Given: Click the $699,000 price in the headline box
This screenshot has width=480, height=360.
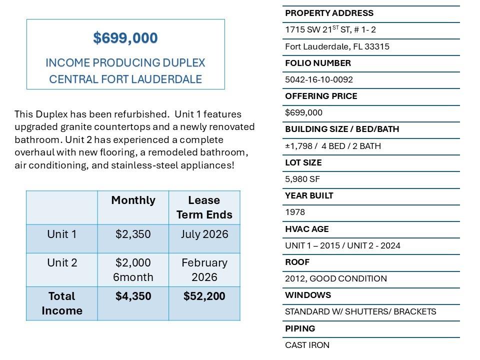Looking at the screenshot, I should (x=125, y=38).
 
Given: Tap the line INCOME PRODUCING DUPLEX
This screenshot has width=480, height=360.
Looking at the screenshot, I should (x=125, y=63).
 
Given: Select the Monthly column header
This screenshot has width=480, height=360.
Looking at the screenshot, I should (x=133, y=200).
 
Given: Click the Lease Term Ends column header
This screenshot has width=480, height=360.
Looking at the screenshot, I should (x=204, y=207).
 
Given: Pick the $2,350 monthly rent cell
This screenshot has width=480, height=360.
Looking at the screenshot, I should (x=133, y=234).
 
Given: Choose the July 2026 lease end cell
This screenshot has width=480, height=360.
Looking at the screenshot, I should (x=204, y=234).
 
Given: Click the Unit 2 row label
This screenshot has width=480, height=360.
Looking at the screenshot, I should (x=61, y=263).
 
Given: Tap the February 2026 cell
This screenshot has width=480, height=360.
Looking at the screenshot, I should (x=204, y=270).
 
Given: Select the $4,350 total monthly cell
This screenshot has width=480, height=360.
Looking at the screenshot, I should (x=133, y=296).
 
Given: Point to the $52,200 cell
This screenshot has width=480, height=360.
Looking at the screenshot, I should (x=204, y=296).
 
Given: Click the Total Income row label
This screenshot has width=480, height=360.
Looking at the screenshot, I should (x=61, y=303).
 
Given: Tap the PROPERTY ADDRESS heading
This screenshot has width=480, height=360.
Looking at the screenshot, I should (x=329, y=13).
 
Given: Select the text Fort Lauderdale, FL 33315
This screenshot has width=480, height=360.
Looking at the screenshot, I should (x=337, y=46).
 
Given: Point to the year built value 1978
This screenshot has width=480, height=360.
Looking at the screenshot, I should (x=295, y=212).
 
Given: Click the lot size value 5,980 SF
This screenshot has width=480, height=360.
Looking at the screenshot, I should (x=302, y=179).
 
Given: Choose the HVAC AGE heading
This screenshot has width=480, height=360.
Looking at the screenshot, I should (x=306, y=229).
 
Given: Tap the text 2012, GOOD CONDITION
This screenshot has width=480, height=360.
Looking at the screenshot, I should (x=335, y=278).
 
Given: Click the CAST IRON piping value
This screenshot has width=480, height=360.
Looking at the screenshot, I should (x=307, y=345).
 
